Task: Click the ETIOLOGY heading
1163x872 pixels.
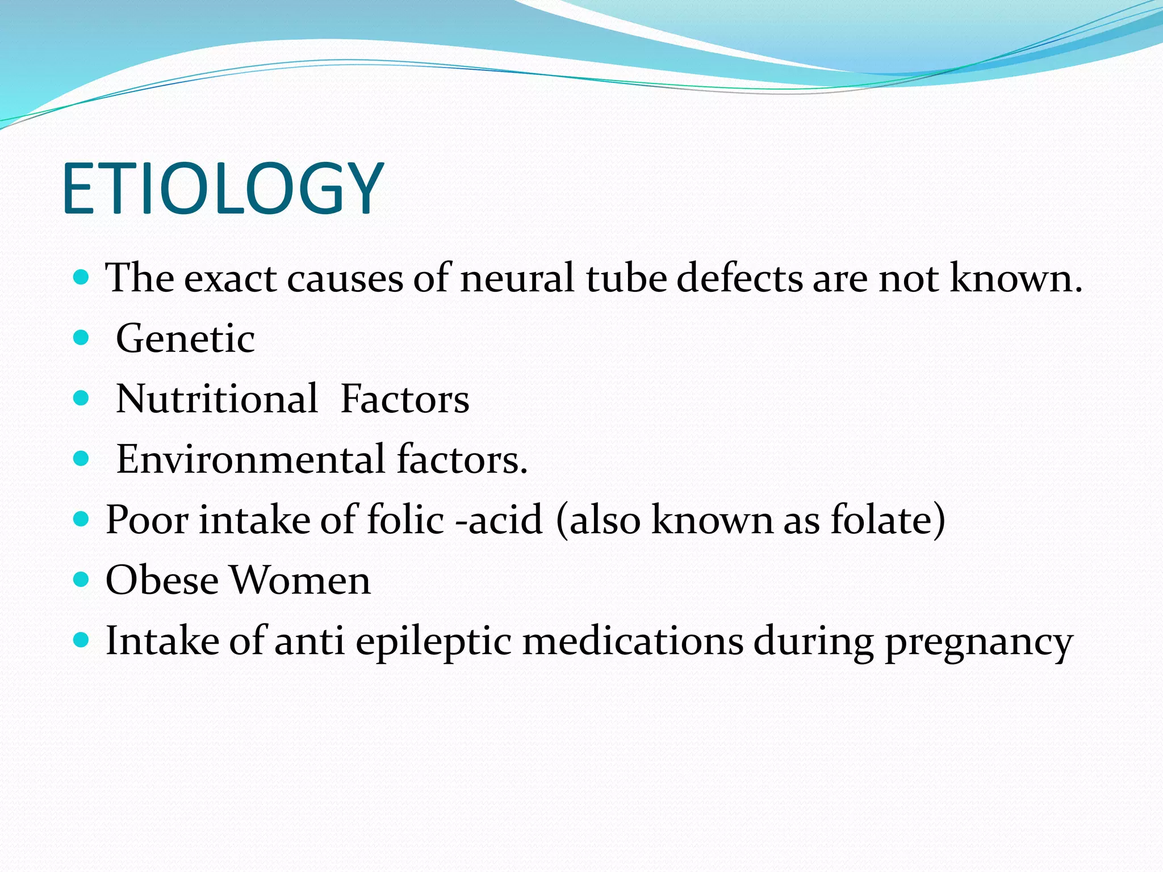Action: click(x=223, y=188)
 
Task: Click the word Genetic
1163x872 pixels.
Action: click(x=185, y=339)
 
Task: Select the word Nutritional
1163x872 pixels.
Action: click(x=217, y=399)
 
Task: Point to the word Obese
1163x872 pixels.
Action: click(x=162, y=580)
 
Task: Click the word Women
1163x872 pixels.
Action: click(x=300, y=580)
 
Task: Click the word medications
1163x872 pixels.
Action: click(x=633, y=642)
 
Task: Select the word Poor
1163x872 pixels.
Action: click(x=147, y=520)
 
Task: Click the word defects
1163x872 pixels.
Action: click(x=739, y=278)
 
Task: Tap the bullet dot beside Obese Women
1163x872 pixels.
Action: click(x=82, y=580)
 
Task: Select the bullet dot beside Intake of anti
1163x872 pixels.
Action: click(x=82, y=640)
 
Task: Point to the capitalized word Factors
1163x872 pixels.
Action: click(x=405, y=399)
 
